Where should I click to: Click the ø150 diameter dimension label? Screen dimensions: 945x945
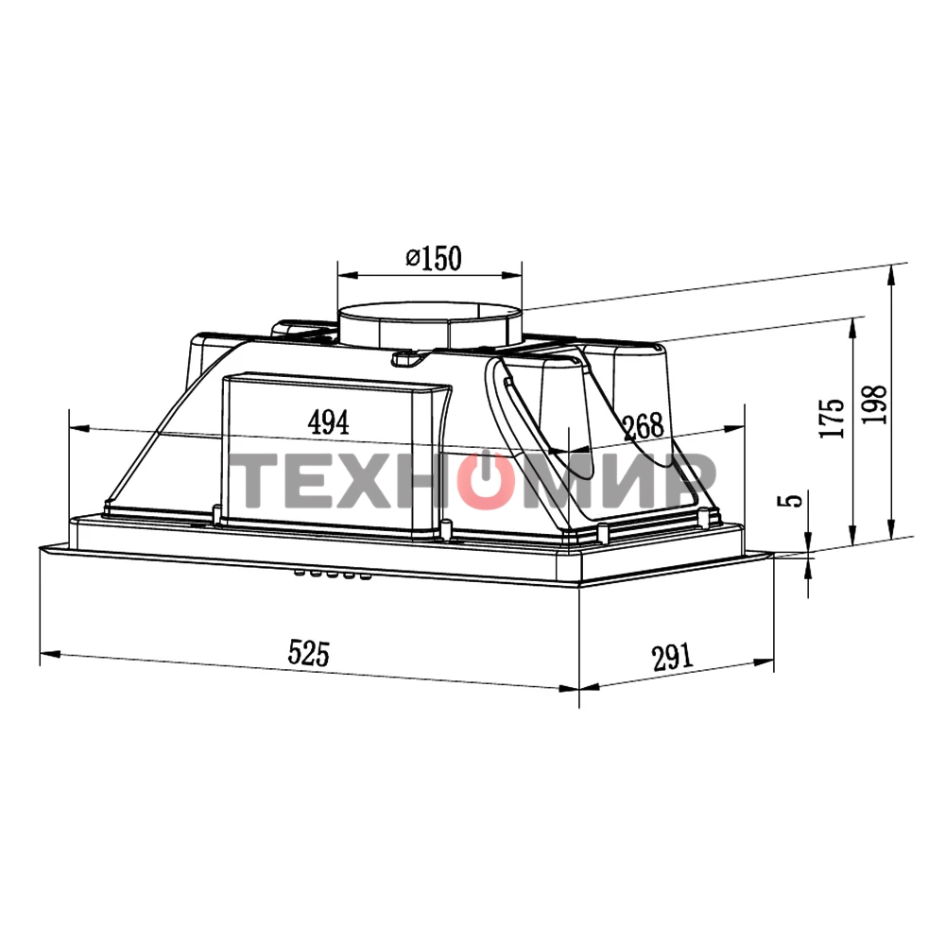(x=434, y=259)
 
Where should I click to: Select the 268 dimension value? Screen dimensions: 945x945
(x=643, y=427)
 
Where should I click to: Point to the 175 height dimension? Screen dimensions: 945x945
(x=833, y=418)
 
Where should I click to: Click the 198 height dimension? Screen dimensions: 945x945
(x=874, y=404)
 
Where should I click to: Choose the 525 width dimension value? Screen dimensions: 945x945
(x=309, y=653)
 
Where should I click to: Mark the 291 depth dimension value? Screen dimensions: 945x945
(x=673, y=657)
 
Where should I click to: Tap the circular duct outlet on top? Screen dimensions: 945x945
(x=430, y=325)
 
